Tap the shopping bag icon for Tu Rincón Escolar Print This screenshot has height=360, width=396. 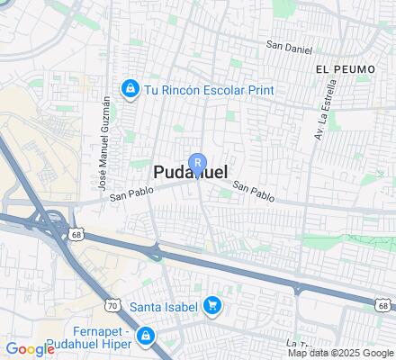click(130, 89)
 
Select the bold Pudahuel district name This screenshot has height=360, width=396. click(191, 172)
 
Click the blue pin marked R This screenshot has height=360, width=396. click(198, 162)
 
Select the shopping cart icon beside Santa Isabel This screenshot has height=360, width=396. click(212, 307)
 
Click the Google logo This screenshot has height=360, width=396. click(30, 348)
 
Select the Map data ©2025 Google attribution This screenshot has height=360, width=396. click(340, 353)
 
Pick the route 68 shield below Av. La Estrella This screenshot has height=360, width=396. click(382, 306)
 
